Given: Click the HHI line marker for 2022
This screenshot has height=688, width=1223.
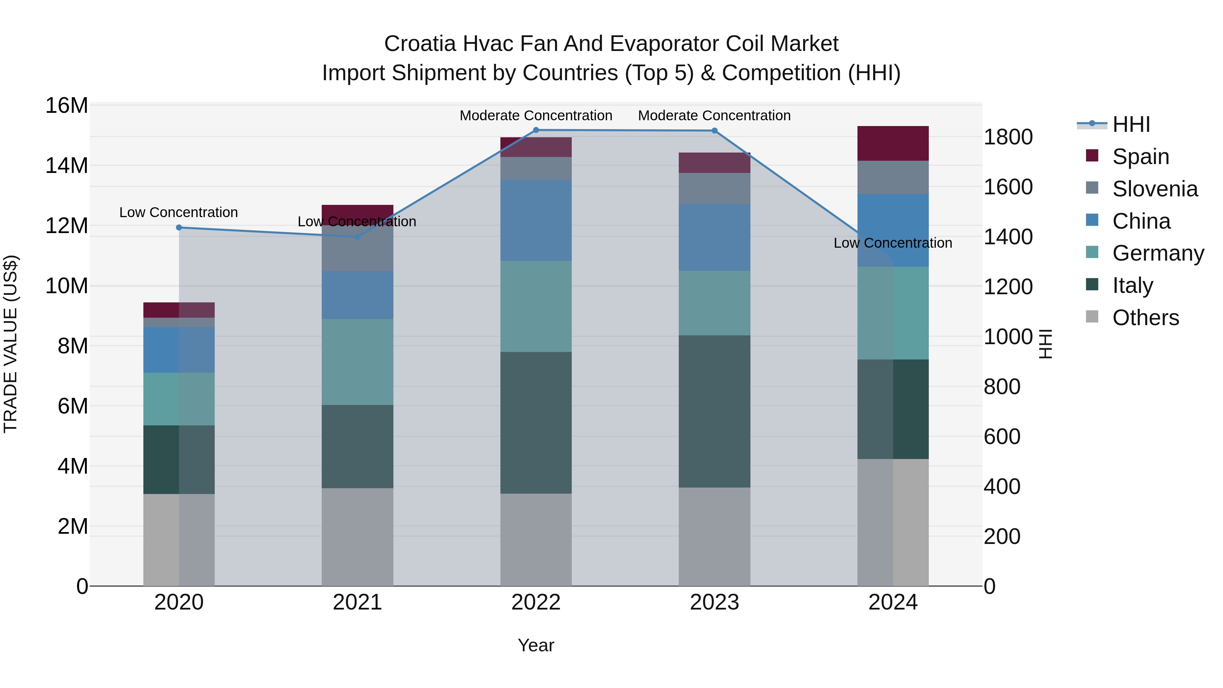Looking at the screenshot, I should pyautogui.click(x=536, y=130).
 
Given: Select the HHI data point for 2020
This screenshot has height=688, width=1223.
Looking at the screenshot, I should pyautogui.click(x=179, y=227).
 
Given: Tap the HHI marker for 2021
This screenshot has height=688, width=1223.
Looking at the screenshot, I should pyautogui.click(x=357, y=236).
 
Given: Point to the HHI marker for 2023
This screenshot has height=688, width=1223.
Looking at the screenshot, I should pyautogui.click(x=714, y=130).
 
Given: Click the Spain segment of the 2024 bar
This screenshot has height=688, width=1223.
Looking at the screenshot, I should pyautogui.click(x=892, y=143).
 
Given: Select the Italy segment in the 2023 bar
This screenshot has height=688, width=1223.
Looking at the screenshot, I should pyautogui.click(x=714, y=411).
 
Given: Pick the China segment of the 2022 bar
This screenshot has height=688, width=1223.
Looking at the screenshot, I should pyautogui.click(x=536, y=220).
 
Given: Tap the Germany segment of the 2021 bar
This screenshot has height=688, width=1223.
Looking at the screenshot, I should pyautogui.click(x=357, y=362).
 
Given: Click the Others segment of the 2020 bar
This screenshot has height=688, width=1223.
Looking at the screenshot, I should pyautogui.click(x=179, y=540).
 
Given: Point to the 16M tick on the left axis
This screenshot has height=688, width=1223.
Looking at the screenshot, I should pyautogui.click(x=67, y=105).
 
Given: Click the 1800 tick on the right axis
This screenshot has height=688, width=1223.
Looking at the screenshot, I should pyautogui.click(x=1008, y=137).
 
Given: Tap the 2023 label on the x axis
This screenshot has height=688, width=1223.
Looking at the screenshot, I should pyautogui.click(x=714, y=602).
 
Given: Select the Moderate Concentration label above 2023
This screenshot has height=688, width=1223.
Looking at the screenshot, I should pyautogui.click(x=714, y=116).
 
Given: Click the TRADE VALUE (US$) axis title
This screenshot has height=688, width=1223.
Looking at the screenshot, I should pyautogui.click(x=11, y=344).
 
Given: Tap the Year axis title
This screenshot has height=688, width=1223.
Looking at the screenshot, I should pyautogui.click(x=536, y=645).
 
